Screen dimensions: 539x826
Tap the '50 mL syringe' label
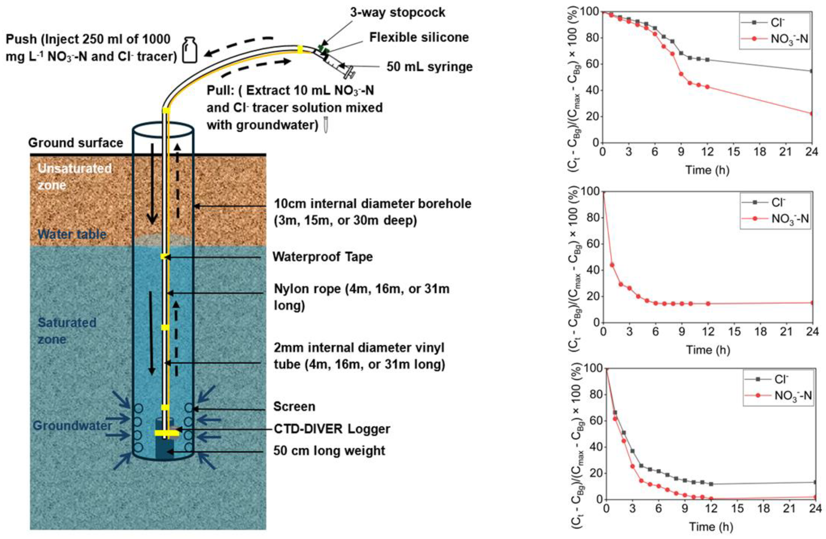pos(430,67)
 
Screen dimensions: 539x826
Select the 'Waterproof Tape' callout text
pos(322,257)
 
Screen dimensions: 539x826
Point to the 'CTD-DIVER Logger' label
pos(332,429)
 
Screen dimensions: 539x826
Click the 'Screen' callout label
pos(294,406)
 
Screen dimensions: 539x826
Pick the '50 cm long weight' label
pos(329,451)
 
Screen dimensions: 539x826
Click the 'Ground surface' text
pos(75,143)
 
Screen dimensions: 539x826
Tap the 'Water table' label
pos(72,234)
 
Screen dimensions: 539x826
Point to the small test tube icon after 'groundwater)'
pos(325,125)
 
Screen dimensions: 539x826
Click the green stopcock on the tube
pos(324,49)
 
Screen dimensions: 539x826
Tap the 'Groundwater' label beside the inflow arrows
pos(72,426)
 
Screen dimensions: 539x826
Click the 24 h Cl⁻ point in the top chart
pos(811,71)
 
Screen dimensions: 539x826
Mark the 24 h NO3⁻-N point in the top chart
pos(811,113)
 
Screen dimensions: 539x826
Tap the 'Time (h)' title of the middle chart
pos(708,349)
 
